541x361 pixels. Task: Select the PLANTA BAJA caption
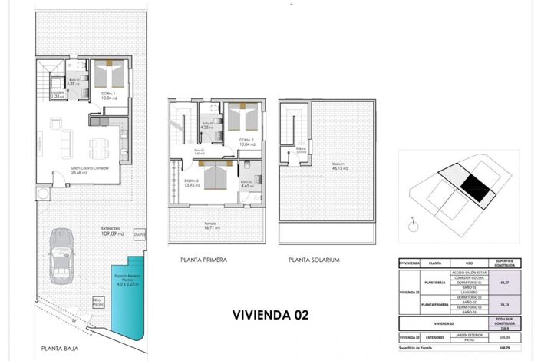(59, 348)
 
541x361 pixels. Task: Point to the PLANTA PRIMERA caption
(203, 260)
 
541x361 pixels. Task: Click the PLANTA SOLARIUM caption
(314, 260)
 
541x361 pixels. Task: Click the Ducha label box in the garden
(139, 235)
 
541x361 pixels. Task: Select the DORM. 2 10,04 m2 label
(246, 141)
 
